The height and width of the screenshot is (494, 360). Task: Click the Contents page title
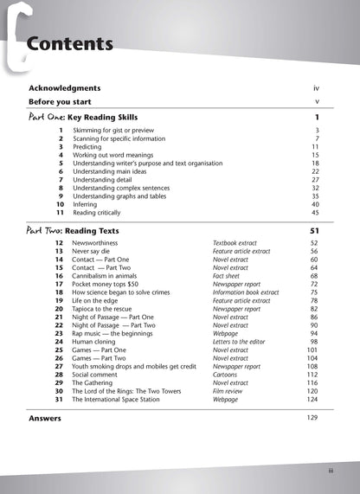69,43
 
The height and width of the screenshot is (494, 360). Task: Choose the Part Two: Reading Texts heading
73,231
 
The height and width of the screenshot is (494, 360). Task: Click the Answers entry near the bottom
45,418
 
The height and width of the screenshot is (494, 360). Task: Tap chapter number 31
59,399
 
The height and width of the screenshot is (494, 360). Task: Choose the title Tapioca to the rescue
109,309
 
